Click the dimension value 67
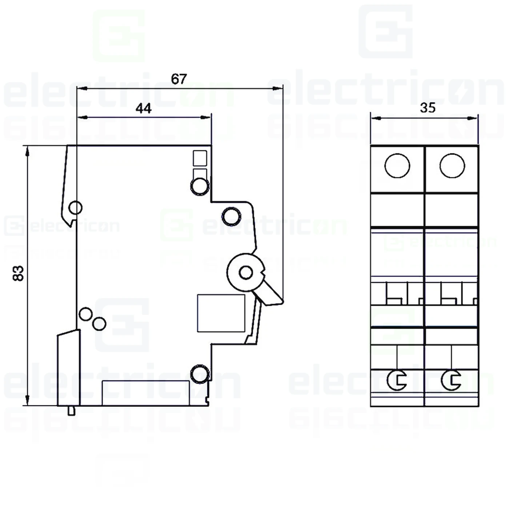pyautogui.click(x=179, y=79)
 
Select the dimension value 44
pyautogui.click(x=143, y=108)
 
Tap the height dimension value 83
pyautogui.click(x=18, y=273)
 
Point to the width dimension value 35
pyautogui.click(x=428, y=108)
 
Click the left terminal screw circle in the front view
pyautogui.click(x=397, y=166)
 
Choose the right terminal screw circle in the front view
pyautogui.click(x=452, y=166)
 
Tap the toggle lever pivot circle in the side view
pyautogui.click(x=246, y=272)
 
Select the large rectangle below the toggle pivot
pyautogui.click(x=221, y=313)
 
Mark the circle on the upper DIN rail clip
pyautogui.click(x=75, y=208)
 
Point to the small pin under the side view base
pyautogui.click(x=72, y=410)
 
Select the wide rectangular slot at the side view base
pyautogui.click(x=145, y=393)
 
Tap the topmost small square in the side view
pyautogui.click(x=200, y=158)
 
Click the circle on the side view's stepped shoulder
pyautogui.click(x=232, y=216)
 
